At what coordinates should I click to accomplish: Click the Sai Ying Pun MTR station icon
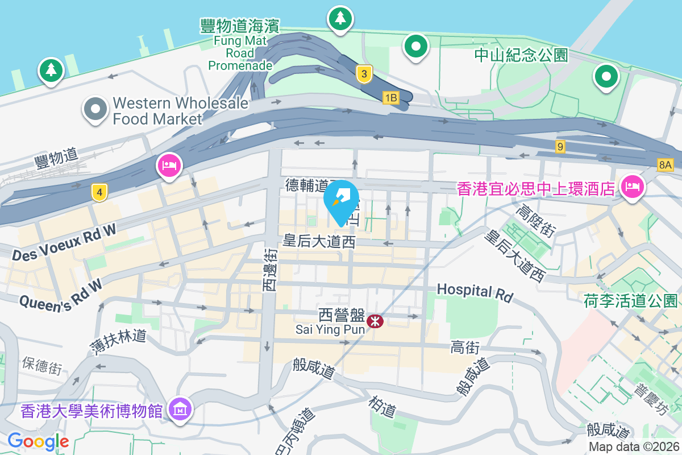[x=375, y=321]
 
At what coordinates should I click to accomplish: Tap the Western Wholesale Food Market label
[x=180, y=111]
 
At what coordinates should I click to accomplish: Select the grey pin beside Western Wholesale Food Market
[x=95, y=109]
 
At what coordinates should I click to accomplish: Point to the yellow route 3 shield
[x=364, y=74]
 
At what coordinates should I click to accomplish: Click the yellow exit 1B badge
[x=390, y=98]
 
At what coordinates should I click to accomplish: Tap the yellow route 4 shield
[x=99, y=193]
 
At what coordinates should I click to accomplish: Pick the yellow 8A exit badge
[x=664, y=166]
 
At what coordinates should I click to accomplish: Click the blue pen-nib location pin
[x=341, y=199]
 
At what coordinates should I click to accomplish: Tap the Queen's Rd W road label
[x=61, y=295]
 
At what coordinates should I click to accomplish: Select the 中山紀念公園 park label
[x=521, y=55]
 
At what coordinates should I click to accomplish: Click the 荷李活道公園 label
[x=631, y=301]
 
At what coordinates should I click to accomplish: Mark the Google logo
[x=38, y=441]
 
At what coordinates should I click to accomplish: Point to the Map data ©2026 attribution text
[x=633, y=446]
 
